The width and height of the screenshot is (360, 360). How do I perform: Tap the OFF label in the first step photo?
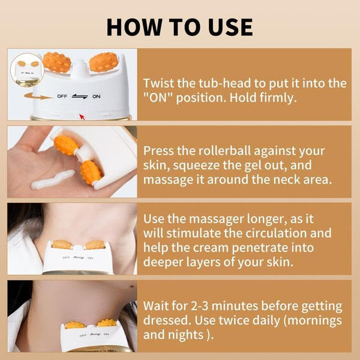[x=62, y=96]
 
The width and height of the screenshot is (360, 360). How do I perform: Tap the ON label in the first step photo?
[x=97, y=96]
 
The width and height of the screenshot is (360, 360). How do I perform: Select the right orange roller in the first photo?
[x=103, y=62]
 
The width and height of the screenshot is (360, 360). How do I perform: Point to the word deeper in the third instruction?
[x=164, y=263]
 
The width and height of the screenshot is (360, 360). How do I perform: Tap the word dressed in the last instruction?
[x=166, y=321]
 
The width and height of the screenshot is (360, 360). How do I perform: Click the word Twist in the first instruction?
[x=159, y=83]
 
